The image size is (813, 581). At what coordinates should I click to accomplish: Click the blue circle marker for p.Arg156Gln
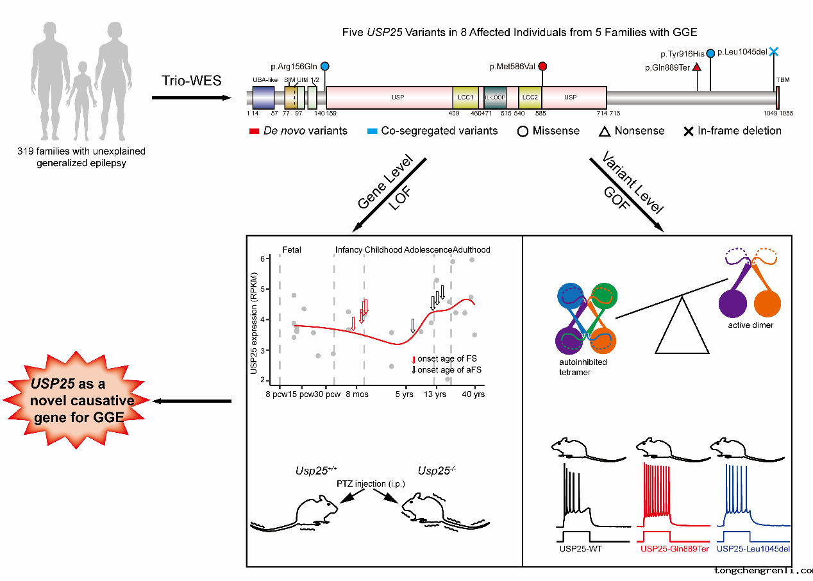click(x=324, y=66)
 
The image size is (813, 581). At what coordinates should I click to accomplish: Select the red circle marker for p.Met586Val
click(x=542, y=66)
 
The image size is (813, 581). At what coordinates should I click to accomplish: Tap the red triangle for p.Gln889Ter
click(x=697, y=67)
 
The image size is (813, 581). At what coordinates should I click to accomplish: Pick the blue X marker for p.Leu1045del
click(x=775, y=52)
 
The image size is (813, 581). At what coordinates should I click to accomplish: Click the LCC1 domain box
click(x=465, y=97)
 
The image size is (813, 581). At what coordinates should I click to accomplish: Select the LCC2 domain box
click(x=530, y=97)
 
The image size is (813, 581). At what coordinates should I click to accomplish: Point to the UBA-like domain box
click(x=264, y=98)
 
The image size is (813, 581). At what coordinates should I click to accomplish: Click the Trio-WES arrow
click(x=191, y=98)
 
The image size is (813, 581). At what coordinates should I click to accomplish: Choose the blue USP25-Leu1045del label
click(x=753, y=549)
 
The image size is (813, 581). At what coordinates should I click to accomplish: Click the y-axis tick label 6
click(x=262, y=258)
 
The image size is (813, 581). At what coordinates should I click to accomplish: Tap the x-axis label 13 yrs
click(x=435, y=394)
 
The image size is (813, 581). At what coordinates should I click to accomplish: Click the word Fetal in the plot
click(x=292, y=249)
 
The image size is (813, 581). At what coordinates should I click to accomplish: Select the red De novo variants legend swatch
click(x=253, y=131)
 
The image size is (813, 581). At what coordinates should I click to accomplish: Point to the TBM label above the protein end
click(x=783, y=80)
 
